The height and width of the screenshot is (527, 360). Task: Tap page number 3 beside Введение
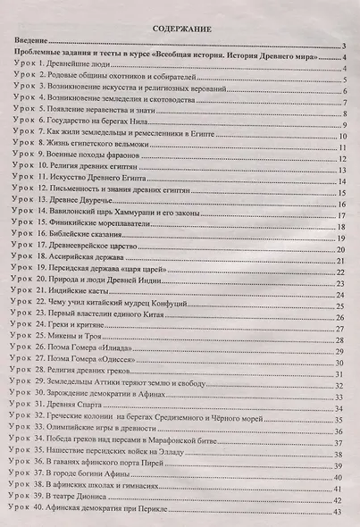point(344,46)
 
